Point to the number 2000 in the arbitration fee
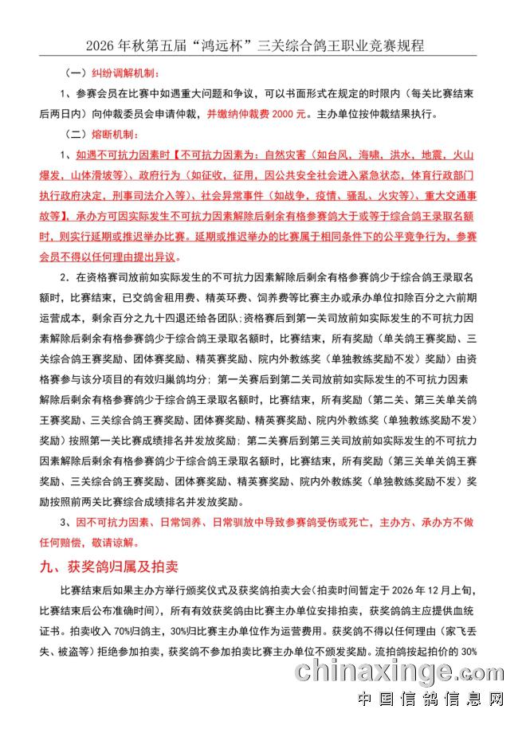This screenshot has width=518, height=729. (280, 114)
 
